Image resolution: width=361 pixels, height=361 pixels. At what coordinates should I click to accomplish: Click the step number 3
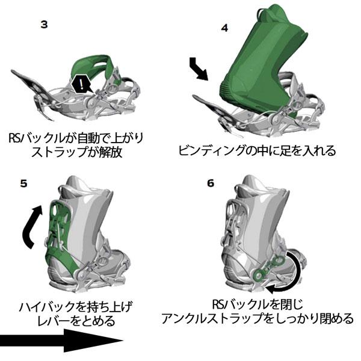pos(44,25)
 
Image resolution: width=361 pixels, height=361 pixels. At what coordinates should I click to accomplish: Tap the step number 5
pos(23,184)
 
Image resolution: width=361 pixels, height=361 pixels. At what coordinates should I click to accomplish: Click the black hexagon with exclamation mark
pos(79,84)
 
